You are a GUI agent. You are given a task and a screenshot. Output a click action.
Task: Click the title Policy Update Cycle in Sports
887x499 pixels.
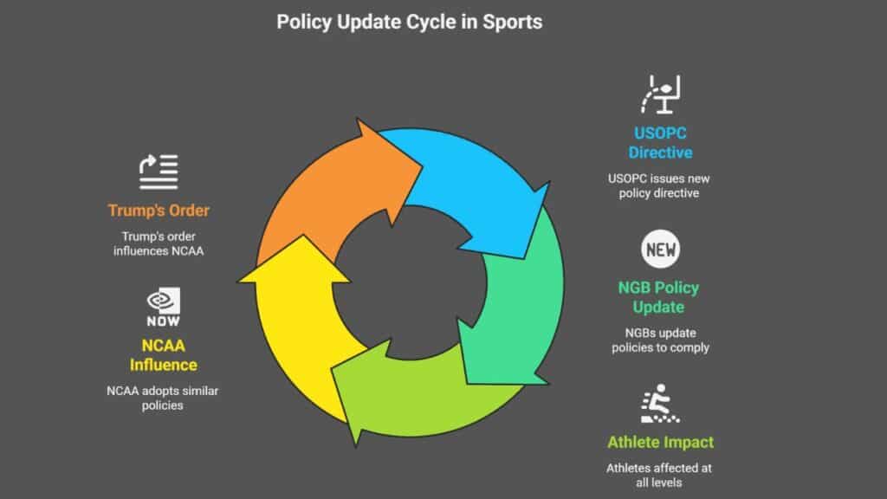410,22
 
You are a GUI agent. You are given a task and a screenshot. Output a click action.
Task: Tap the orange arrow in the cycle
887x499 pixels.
333,192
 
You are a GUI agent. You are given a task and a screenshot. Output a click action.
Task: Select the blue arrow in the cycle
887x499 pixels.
469,187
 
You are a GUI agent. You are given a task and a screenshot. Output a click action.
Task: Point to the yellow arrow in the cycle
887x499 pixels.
300,322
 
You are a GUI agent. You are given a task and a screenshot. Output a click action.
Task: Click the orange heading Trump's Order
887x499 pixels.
159,211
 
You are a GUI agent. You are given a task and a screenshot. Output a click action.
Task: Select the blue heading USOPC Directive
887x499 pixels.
660,143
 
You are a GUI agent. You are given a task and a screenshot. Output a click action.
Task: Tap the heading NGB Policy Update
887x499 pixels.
658,297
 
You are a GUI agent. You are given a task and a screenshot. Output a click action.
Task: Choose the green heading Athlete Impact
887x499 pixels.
660,442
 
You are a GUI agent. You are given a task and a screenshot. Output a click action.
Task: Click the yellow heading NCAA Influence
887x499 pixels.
164,355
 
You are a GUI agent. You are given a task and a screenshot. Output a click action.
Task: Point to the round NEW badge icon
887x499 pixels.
660,249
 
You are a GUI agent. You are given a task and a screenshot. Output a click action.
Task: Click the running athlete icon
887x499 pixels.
659,404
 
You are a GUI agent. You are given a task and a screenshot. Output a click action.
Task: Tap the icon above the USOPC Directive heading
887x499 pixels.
660,94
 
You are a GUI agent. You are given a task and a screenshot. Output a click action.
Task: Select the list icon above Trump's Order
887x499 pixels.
159,172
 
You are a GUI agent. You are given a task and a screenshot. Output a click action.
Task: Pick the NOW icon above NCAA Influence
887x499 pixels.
164,307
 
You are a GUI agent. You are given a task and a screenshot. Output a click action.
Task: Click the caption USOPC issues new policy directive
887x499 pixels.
659,185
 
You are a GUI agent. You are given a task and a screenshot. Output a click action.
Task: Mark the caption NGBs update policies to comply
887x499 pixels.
660,340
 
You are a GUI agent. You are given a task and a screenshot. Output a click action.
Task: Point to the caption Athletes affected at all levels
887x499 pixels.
659,476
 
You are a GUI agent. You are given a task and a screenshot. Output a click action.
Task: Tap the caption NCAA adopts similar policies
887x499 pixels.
162,398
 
